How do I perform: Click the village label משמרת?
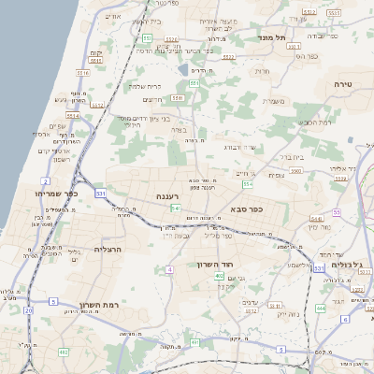[x=273, y=103]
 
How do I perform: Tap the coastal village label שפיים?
[x=55, y=126]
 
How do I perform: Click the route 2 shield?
[x=46, y=180]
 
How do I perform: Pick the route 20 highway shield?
[x=29, y=309]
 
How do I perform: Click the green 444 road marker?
[x=322, y=307]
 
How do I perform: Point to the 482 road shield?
[x=64, y=352]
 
